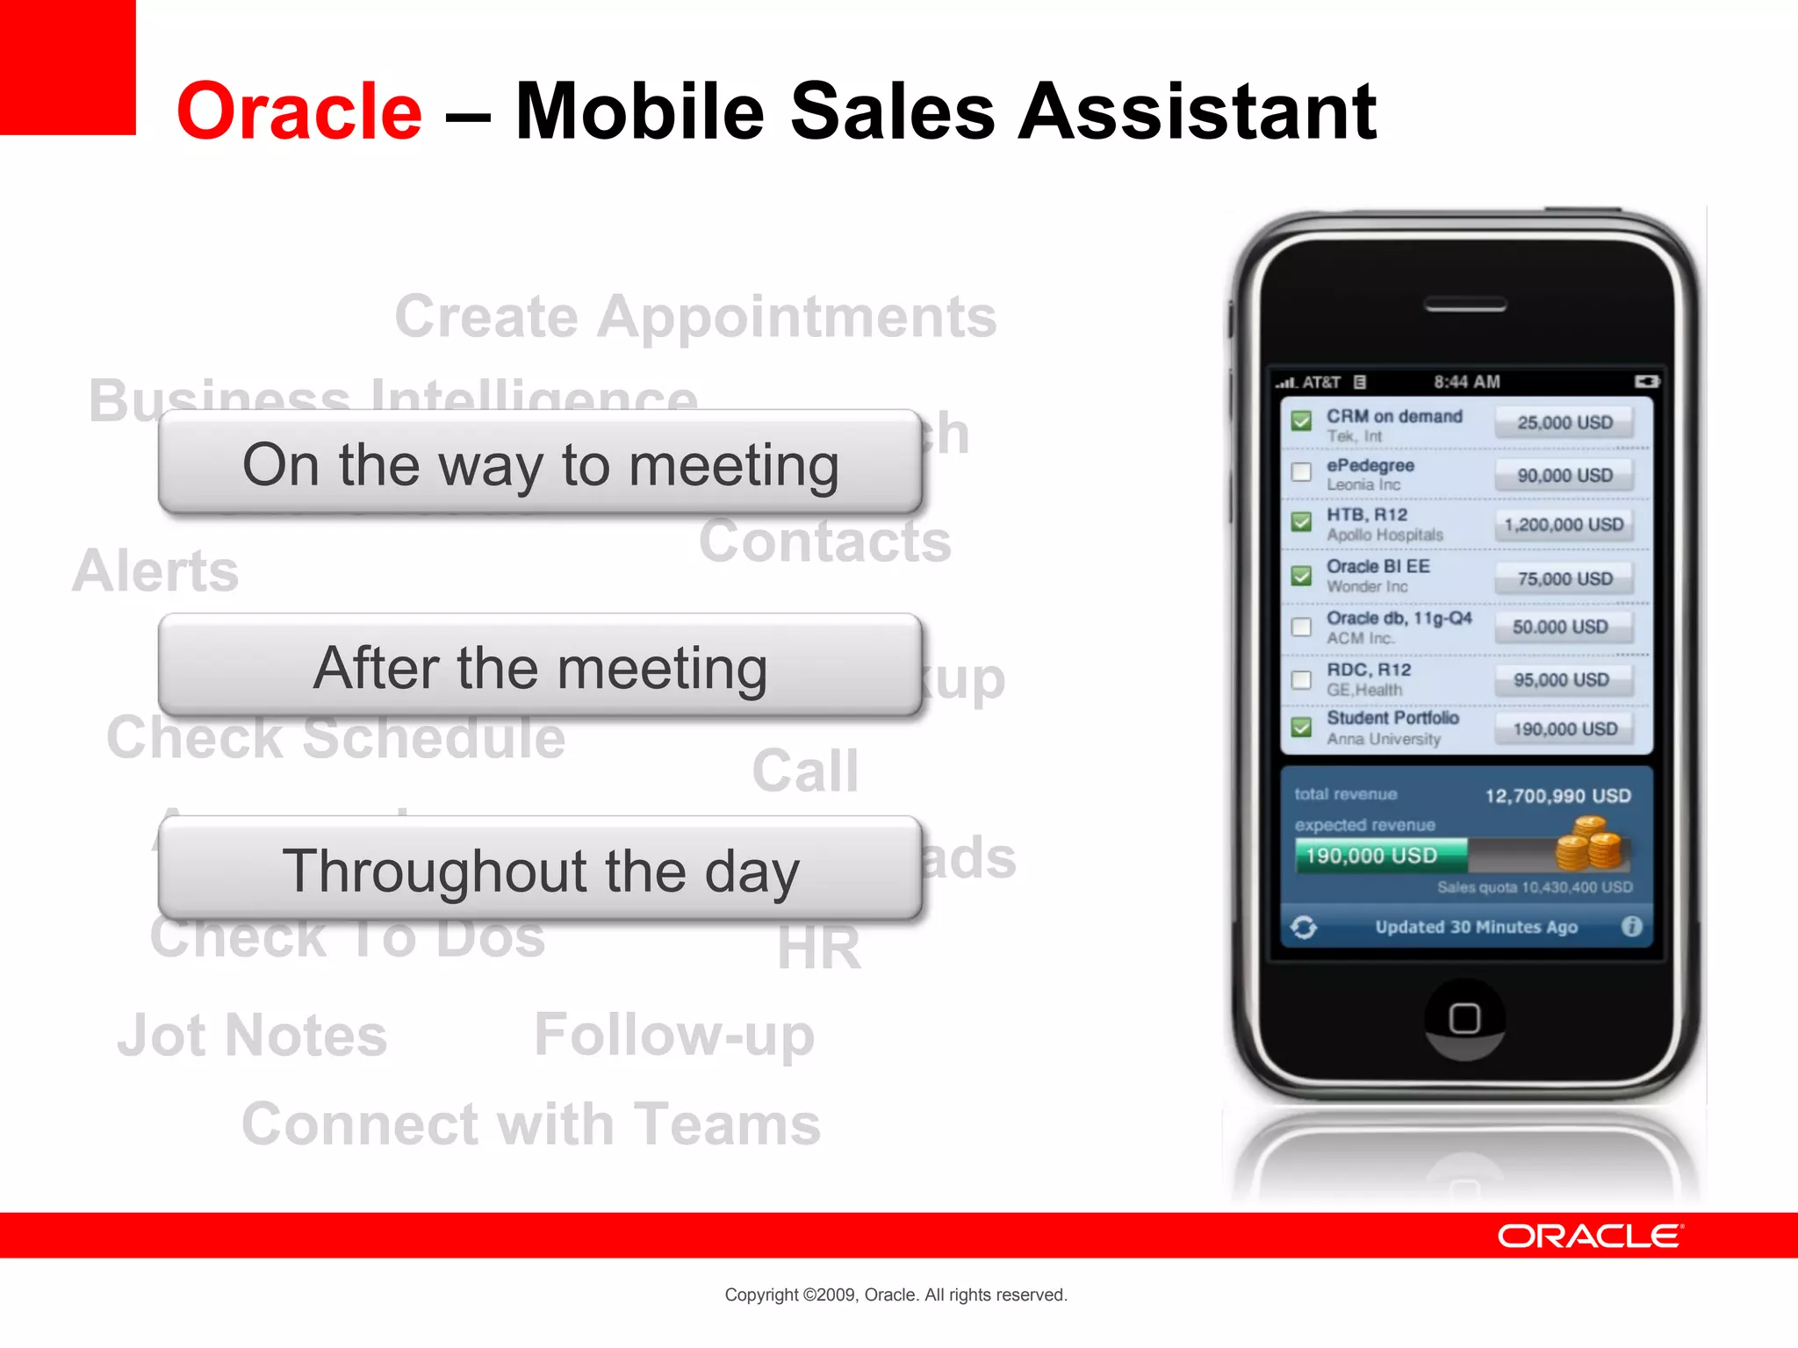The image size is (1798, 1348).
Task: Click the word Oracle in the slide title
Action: [299, 111]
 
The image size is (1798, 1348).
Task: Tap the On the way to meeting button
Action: [540, 463]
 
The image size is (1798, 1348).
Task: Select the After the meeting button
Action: [540, 667]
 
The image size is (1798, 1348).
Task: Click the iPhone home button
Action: [1464, 1018]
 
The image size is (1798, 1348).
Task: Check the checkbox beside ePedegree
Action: [1301, 472]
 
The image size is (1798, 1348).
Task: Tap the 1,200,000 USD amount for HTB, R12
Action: [1564, 525]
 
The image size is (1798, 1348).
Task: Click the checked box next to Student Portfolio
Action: [1301, 727]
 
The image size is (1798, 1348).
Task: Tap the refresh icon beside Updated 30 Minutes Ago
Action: [1304, 927]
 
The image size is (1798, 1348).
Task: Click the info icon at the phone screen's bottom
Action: [1631, 926]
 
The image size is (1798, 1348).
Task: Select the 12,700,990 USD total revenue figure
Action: [1557, 796]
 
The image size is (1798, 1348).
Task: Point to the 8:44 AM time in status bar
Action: [1466, 382]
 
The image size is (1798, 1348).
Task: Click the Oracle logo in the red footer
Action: [1589, 1236]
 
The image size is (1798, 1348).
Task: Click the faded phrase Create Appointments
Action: [695, 316]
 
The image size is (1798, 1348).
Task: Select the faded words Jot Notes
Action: [253, 1036]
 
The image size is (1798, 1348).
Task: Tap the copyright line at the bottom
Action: [895, 1294]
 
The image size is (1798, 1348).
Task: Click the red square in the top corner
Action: [68, 67]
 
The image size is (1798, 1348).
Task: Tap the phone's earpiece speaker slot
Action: [1464, 305]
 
